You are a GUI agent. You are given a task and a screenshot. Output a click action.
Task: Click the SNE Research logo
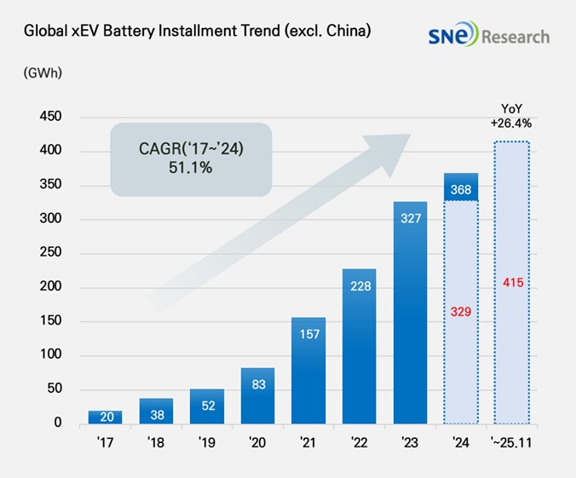tap(488, 36)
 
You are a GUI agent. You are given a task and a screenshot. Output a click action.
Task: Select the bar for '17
tap(105, 417)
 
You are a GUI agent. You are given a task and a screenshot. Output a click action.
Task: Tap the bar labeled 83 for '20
tap(258, 395)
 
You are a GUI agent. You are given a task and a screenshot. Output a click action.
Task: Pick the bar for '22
tap(360, 346)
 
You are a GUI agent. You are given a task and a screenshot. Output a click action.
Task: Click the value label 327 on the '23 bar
tap(410, 218)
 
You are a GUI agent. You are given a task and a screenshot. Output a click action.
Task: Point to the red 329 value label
tap(461, 313)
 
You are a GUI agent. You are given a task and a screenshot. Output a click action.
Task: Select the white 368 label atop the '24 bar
tap(461, 188)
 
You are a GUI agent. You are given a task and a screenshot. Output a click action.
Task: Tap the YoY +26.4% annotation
tap(511, 116)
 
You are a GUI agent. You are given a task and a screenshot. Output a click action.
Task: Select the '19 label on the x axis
tap(207, 443)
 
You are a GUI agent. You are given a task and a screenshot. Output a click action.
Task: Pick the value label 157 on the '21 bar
tap(308, 334)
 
